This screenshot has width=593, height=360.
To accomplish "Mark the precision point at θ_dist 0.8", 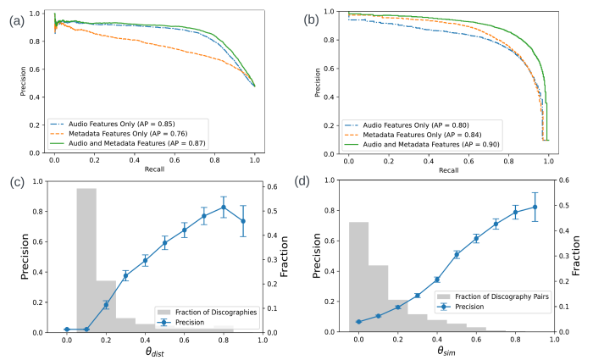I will click(x=223, y=207).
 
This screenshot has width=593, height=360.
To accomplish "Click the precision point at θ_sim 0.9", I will click(x=535, y=207).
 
